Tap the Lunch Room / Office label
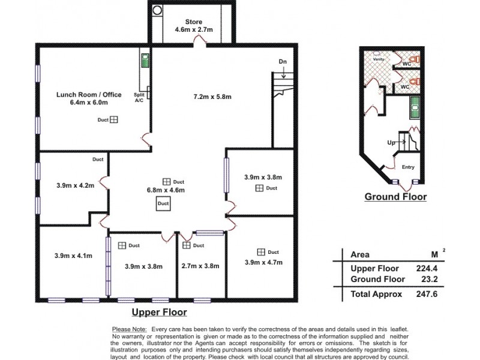click(x=89, y=95)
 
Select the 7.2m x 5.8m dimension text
click(x=212, y=97)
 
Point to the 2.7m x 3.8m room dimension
click(x=200, y=266)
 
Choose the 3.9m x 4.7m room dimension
click(x=263, y=262)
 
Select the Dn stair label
click(x=283, y=62)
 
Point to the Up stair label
click(x=391, y=143)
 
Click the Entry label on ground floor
click(x=408, y=167)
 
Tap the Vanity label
click(x=379, y=59)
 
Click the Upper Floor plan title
click(x=159, y=312)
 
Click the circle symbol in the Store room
click(x=158, y=10)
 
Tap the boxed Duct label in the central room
click(x=163, y=204)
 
